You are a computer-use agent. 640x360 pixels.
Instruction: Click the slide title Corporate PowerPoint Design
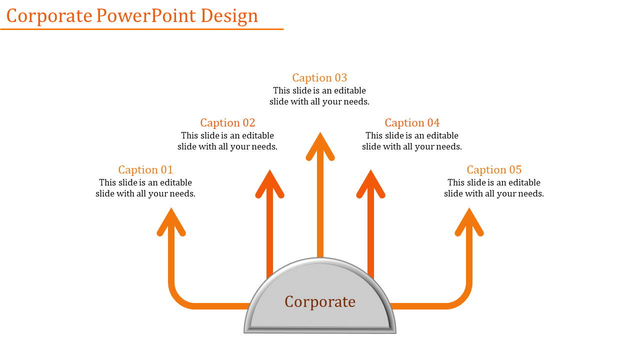click(x=132, y=16)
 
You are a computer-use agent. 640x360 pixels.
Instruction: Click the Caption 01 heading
click(x=145, y=169)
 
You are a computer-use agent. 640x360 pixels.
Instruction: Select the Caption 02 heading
click(x=227, y=122)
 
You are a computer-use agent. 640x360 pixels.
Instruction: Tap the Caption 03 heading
click(x=319, y=77)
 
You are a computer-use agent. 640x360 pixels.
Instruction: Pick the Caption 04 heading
click(x=412, y=122)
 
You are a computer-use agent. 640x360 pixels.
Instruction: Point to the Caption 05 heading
click(x=494, y=169)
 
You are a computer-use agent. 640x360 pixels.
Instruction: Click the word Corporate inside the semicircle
click(x=320, y=301)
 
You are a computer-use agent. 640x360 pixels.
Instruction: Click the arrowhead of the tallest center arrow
click(x=320, y=145)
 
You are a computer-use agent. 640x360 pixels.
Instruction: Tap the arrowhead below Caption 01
click(x=171, y=221)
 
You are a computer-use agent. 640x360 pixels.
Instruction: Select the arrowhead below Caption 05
click(x=469, y=221)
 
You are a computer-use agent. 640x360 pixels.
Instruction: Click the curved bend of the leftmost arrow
click(x=178, y=298)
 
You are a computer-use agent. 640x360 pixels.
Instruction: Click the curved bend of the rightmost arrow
click(x=461, y=298)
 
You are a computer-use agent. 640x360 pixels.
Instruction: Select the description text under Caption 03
click(x=319, y=96)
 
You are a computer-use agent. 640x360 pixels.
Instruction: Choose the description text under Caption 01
click(x=145, y=188)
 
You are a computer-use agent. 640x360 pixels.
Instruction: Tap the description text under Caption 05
click(x=494, y=188)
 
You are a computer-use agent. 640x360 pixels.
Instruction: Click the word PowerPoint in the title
click(x=146, y=16)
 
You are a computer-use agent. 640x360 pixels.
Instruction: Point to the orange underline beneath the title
click(x=141, y=29)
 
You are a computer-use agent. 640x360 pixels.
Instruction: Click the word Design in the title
click(x=229, y=16)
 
